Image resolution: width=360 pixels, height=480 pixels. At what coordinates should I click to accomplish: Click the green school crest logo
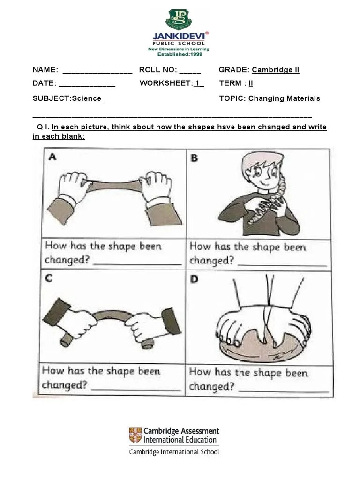[x=179, y=19]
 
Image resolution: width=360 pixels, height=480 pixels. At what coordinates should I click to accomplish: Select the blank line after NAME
[x=97, y=73]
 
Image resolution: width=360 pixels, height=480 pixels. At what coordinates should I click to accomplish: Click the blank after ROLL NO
[x=190, y=73]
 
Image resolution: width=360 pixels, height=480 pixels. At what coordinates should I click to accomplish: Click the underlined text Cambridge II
[x=276, y=70]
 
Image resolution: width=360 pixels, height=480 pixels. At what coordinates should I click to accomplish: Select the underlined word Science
[x=87, y=98]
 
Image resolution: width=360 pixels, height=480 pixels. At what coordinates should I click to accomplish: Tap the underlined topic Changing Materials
[x=285, y=98]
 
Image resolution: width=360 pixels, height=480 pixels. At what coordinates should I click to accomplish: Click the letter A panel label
[x=52, y=157]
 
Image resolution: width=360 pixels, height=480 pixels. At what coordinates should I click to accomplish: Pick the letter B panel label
[x=194, y=157]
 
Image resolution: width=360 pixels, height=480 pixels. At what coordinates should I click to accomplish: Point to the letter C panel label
[x=49, y=278]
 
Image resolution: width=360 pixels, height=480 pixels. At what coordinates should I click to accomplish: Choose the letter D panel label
[x=194, y=279]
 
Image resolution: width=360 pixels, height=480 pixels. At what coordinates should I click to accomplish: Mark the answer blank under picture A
[x=137, y=264]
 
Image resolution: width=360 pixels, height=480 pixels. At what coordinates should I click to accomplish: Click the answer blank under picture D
[x=284, y=391]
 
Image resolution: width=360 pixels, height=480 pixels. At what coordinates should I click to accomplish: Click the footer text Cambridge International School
[x=174, y=452]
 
